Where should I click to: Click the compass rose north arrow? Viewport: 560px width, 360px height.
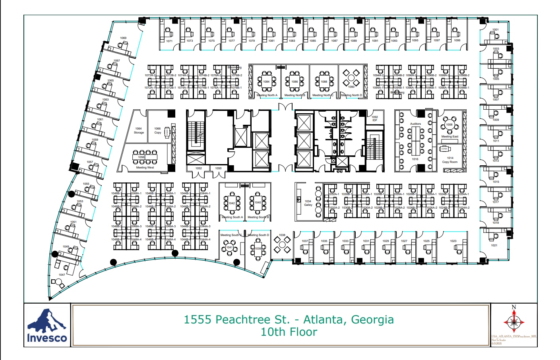[x=514, y=321]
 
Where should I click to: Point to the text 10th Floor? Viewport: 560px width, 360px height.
[x=289, y=332]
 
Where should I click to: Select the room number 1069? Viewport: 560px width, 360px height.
[x=123, y=38]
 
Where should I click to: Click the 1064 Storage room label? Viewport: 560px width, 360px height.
[x=138, y=130]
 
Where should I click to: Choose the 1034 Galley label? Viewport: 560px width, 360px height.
[x=308, y=203]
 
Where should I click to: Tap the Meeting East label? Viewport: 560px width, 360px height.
[x=450, y=137]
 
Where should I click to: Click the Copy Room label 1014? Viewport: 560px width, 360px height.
[x=450, y=160]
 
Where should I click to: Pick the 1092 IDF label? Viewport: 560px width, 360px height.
[x=375, y=118]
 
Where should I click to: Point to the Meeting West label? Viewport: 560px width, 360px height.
[x=145, y=168]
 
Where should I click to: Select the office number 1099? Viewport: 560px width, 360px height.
[x=457, y=41]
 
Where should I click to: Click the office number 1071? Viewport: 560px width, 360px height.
[x=169, y=41]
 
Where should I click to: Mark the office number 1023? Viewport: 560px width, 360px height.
[x=453, y=241]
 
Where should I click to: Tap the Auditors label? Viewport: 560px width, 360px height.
[x=415, y=124]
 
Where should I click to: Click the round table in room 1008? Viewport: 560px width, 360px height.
[x=449, y=125]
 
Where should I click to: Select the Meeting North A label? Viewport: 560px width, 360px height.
[x=267, y=95]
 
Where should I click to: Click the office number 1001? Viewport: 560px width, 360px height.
[x=495, y=30]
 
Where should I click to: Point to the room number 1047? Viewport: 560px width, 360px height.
[x=62, y=275]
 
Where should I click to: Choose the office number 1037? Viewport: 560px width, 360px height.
[x=305, y=241]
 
